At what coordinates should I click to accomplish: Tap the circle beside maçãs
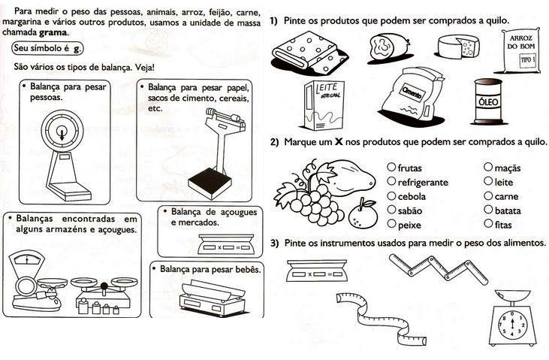click(x=489, y=168)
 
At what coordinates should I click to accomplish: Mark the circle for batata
click(x=489, y=210)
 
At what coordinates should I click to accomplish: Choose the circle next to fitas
click(x=489, y=223)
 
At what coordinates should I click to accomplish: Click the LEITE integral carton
click(x=318, y=104)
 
